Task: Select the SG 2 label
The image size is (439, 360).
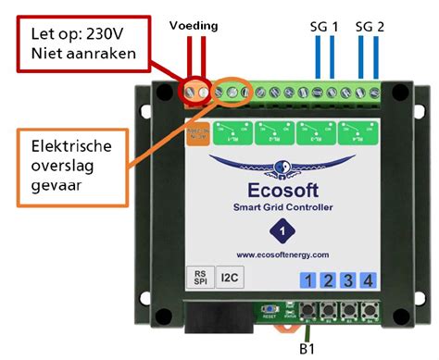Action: pyautogui.click(x=369, y=27)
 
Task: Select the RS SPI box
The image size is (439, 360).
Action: pyautogui.click(x=197, y=279)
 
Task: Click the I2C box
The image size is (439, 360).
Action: pyautogui.click(x=229, y=279)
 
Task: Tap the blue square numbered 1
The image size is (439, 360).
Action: pyautogui.click(x=305, y=280)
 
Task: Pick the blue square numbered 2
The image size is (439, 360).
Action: pyautogui.click(x=326, y=280)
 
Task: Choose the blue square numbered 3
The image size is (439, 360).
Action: pyautogui.click(x=347, y=280)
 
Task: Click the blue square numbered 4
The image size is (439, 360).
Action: pyautogui.click(x=369, y=280)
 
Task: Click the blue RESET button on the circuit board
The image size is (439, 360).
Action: pyautogui.click(x=270, y=310)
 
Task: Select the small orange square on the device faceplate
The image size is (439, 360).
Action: pyautogui.click(x=197, y=136)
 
